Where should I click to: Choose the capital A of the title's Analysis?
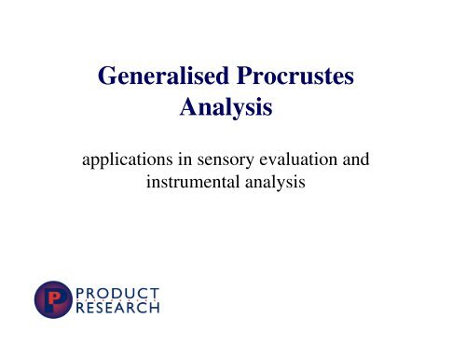[187, 111]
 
